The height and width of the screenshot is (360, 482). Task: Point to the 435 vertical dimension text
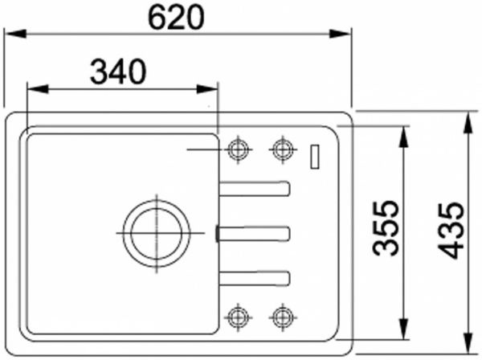click(x=452, y=230)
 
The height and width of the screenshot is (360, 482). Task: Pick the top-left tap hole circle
click(x=237, y=149)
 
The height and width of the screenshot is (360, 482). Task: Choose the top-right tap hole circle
click(x=281, y=149)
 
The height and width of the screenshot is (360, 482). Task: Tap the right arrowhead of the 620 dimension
click(x=345, y=34)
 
